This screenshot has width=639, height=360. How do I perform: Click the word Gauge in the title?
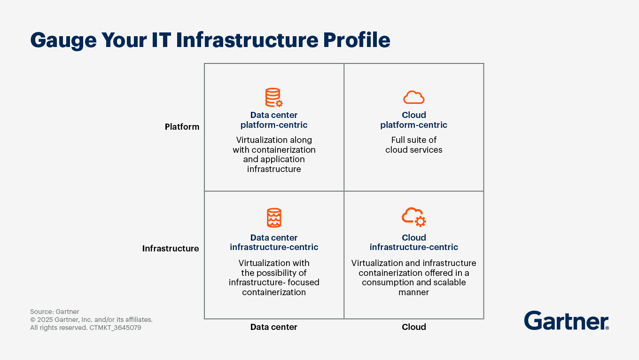[63, 40]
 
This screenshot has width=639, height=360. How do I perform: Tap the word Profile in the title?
[357, 39]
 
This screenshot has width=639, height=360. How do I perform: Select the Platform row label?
[182, 126]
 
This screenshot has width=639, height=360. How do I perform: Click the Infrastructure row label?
[171, 249]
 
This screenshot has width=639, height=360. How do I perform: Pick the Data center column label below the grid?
[274, 327]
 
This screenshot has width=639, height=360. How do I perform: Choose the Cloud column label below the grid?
[414, 327]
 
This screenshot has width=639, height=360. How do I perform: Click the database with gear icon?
[274, 97]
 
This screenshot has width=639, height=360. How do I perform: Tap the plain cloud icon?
[414, 97]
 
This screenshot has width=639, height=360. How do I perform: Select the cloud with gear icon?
[414, 217]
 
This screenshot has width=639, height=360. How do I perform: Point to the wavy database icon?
[274, 218]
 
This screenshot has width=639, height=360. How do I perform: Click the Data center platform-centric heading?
[274, 120]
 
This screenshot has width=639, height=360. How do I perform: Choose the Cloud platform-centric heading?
[414, 120]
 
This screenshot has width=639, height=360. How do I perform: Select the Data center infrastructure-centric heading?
[274, 242]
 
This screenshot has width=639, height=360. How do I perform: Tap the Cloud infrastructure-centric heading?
[414, 242]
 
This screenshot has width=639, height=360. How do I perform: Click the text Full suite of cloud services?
[414, 145]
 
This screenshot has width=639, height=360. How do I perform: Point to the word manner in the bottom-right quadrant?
[413, 292]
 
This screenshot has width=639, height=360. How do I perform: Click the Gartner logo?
[567, 321]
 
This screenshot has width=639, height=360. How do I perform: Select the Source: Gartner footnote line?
[55, 312]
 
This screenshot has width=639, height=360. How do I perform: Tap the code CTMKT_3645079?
[115, 328]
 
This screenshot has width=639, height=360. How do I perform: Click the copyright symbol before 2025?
[33, 320]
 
